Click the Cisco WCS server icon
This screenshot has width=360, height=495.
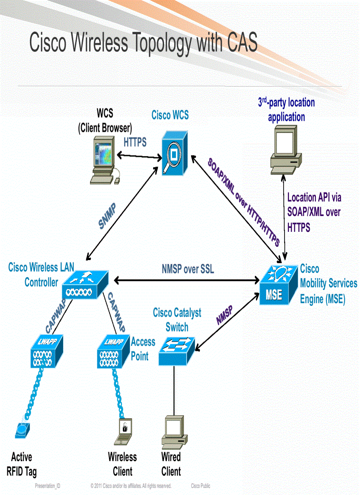click(175, 152)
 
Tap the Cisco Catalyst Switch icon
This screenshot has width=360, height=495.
click(176, 350)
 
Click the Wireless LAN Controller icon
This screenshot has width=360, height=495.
click(86, 285)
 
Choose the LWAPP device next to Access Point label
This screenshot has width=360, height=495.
click(113, 351)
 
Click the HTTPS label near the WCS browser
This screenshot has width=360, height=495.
click(135, 142)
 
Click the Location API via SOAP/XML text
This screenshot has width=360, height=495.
click(314, 212)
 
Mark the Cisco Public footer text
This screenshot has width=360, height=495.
click(200, 486)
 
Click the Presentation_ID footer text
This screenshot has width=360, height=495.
click(48, 486)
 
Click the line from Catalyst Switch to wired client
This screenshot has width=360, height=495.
click(173, 390)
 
